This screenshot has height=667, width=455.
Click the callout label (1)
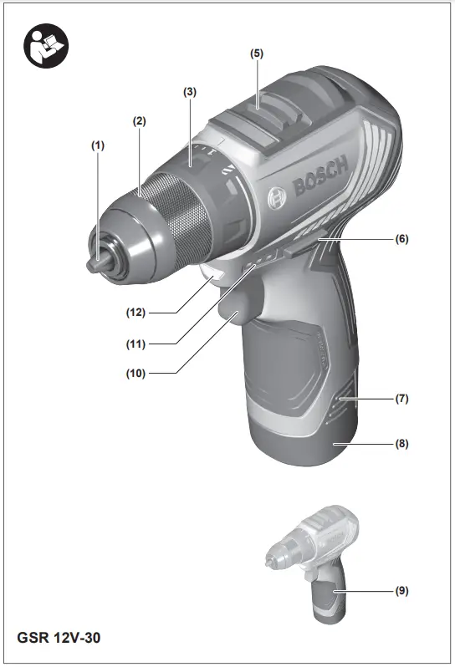point(99,145)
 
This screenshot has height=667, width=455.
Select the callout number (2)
point(140,120)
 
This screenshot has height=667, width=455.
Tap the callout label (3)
point(190,91)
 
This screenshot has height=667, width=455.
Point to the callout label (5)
point(257,53)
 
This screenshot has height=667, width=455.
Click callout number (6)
point(402,238)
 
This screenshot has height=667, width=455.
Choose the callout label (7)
point(402,398)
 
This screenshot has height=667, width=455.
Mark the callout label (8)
point(402,444)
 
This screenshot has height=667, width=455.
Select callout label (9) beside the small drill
point(402,590)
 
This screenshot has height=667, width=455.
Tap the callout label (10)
point(135,373)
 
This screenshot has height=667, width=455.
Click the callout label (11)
point(135,343)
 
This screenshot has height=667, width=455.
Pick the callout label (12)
point(135,313)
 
